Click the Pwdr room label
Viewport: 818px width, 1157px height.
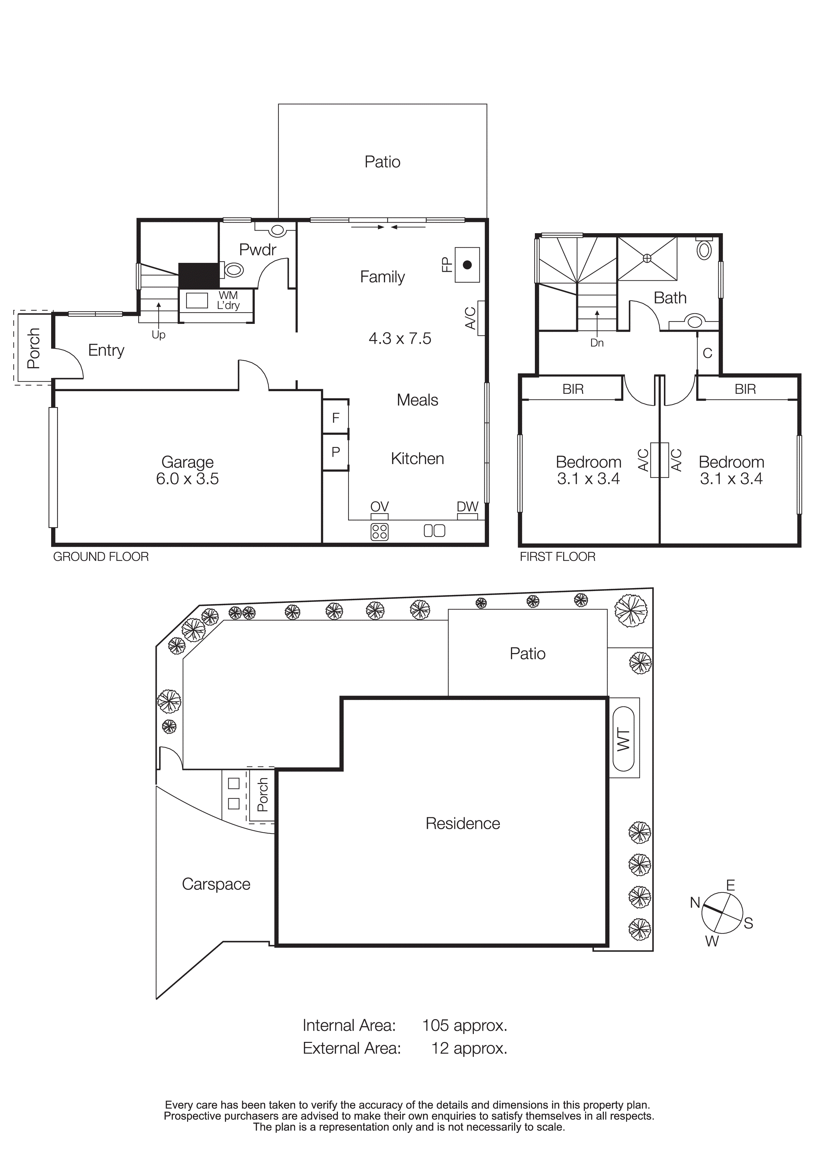(258, 249)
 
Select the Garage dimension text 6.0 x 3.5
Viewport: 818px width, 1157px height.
(187, 479)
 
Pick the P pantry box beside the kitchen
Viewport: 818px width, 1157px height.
(335, 452)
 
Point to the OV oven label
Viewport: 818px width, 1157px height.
(379, 507)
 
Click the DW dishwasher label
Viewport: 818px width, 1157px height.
(467, 507)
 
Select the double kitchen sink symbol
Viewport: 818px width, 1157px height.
(434, 531)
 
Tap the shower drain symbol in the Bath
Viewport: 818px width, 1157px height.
(647, 258)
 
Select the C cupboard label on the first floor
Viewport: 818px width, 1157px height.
(707, 353)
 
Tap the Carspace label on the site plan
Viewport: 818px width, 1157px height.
(216, 884)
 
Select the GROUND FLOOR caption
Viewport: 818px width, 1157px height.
(101, 557)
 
